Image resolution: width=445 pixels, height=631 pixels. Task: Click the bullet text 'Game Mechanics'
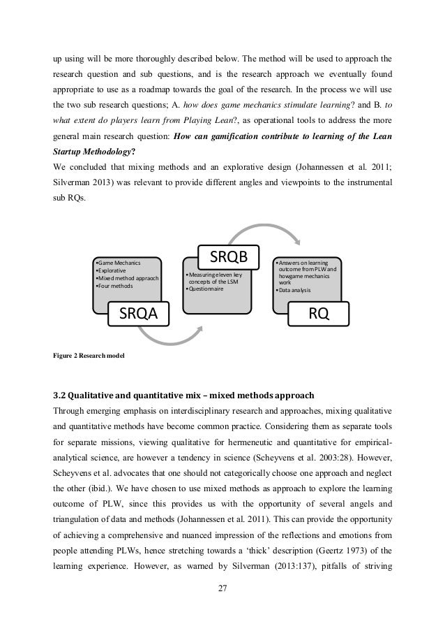pos(119,263)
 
